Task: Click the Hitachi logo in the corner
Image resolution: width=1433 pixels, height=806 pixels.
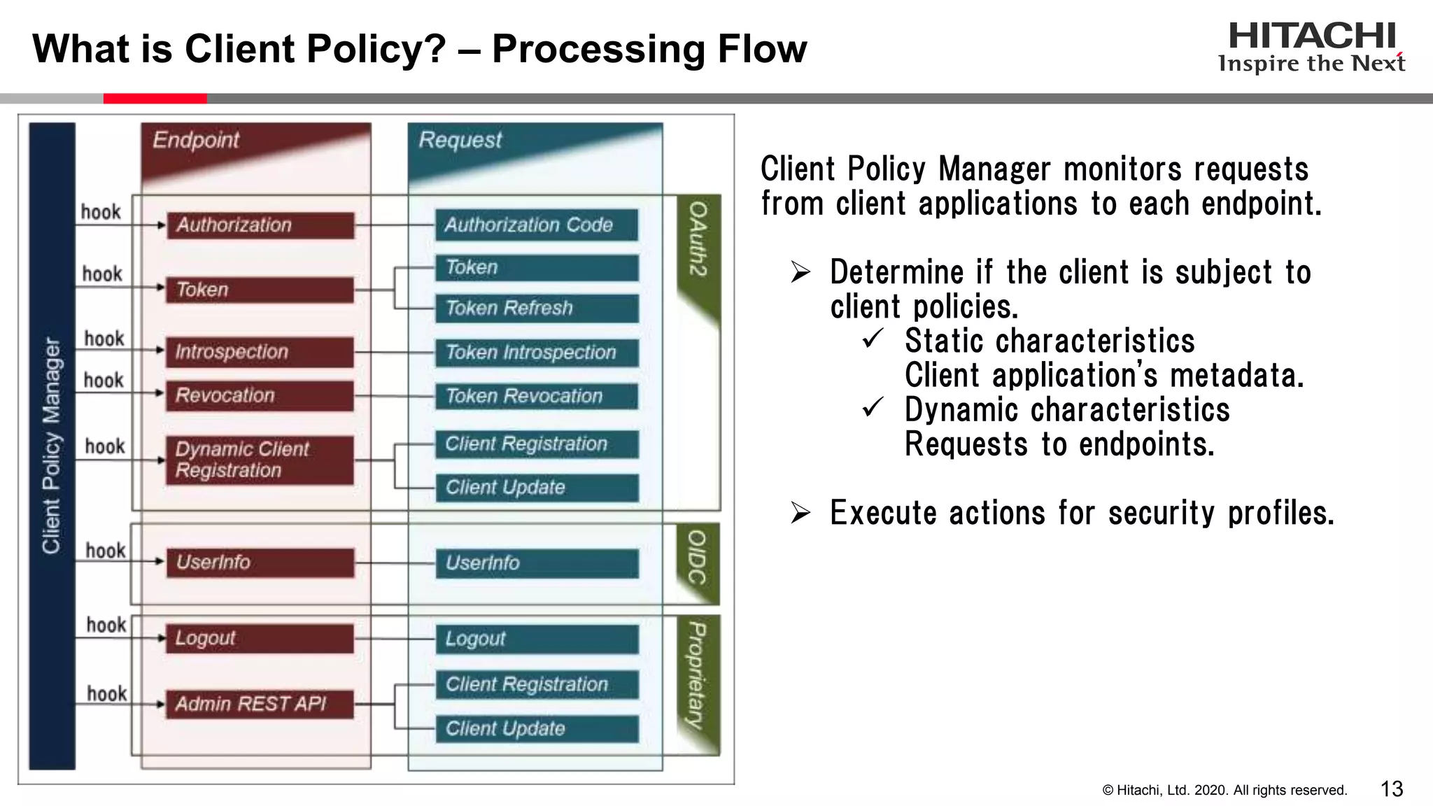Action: click(1311, 46)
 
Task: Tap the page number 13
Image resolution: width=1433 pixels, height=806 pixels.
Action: click(1392, 789)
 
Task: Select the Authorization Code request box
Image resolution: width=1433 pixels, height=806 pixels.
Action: click(536, 225)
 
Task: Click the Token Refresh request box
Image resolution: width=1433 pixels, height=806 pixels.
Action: click(536, 308)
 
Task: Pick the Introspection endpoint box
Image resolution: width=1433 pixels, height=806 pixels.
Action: click(260, 351)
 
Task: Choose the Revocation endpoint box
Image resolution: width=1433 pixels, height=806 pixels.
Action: click(260, 395)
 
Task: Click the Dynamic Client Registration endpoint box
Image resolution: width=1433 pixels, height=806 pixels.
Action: click(260, 460)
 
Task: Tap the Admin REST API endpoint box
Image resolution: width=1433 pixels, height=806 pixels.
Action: click(260, 703)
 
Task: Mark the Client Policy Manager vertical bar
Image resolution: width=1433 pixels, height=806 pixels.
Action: click(52, 446)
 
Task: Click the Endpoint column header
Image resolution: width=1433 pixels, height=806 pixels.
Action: click(197, 140)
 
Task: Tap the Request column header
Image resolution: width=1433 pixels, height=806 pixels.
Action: click(460, 140)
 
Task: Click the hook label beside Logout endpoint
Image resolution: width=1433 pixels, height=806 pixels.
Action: click(106, 624)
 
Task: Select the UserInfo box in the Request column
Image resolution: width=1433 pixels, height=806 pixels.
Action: click(536, 563)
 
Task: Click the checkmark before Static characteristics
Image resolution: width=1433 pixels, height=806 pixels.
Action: click(873, 339)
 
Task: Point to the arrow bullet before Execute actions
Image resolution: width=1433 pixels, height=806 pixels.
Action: click(800, 513)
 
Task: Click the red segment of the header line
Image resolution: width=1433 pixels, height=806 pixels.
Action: click(155, 99)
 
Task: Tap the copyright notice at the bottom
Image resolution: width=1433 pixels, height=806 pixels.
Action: click(1224, 790)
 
